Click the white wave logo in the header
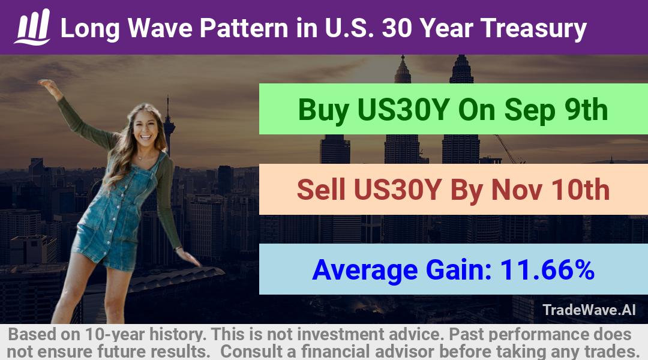(x=32, y=27)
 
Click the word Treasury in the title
(x=533, y=29)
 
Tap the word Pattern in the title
(x=244, y=28)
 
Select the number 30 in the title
(x=397, y=28)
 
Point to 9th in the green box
(x=586, y=110)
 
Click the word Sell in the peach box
(x=320, y=190)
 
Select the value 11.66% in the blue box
(x=547, y=269)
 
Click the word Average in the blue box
(x=365, y=271)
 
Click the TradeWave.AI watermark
(x=589, y=310)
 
